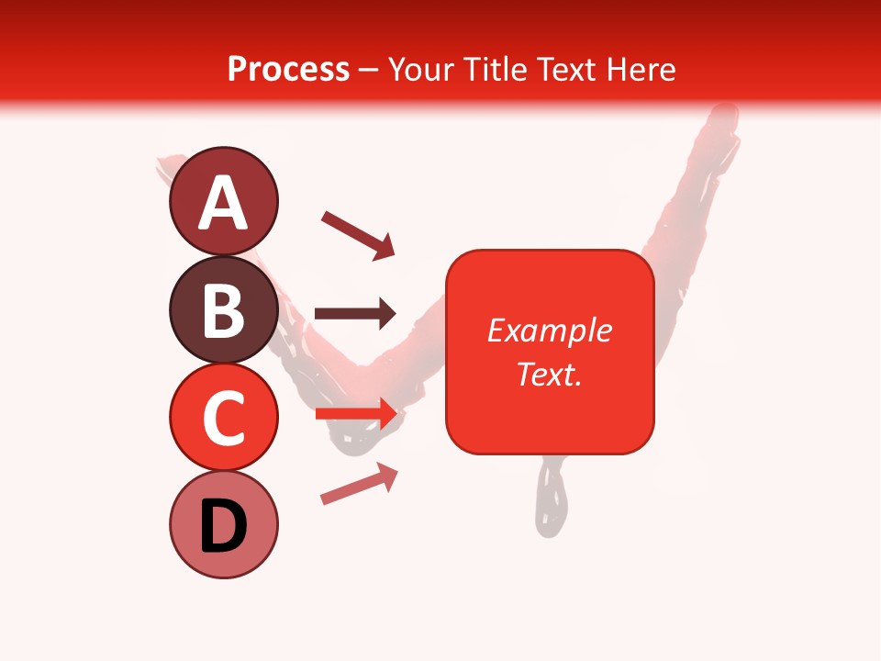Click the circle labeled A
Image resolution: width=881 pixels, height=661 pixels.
(223, 201)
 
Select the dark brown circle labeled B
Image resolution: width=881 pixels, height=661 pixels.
(223, 309)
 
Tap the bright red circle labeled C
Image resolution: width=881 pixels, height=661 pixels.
(223, 417)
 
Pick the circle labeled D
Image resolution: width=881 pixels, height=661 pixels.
(223, 524)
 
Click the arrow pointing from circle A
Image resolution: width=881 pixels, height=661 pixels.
(357, 235)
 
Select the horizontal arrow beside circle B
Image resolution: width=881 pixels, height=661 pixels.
(355, 314)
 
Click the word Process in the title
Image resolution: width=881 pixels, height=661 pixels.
(288, 69)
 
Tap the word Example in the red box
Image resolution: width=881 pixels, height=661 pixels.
(549, 330)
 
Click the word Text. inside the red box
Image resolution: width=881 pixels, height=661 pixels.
(549, 374)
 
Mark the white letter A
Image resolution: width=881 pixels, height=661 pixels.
(223, 203)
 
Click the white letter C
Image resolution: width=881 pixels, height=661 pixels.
(223, 418)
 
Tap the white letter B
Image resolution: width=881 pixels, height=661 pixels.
(223, 310)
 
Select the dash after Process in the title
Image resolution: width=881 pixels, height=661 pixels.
(368, 70)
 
